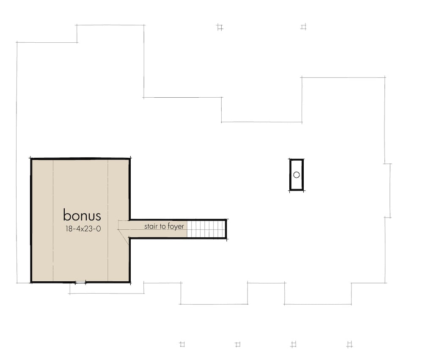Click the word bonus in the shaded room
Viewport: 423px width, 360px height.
[x=82, y=215]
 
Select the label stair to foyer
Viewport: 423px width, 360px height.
[x=164, y=227]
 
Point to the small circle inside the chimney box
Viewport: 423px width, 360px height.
[x=297, y=175]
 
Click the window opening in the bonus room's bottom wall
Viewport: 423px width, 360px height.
[x=80, y=282]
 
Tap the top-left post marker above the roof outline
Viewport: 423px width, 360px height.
[x=219, y=27]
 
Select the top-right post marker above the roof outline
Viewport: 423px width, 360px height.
[x=303, y=27]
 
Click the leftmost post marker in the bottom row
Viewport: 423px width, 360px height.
[x=182, y=344]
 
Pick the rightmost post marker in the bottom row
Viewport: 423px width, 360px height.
[x=349, y=344]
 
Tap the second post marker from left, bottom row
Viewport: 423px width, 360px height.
[x=238, y=344]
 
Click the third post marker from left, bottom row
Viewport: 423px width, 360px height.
[x=293, y=344]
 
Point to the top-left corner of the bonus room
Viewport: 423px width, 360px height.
[x=31, y=159]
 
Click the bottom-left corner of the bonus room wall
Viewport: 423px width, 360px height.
[x=31, y=282]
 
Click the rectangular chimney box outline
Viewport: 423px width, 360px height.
[x=290, y=175]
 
